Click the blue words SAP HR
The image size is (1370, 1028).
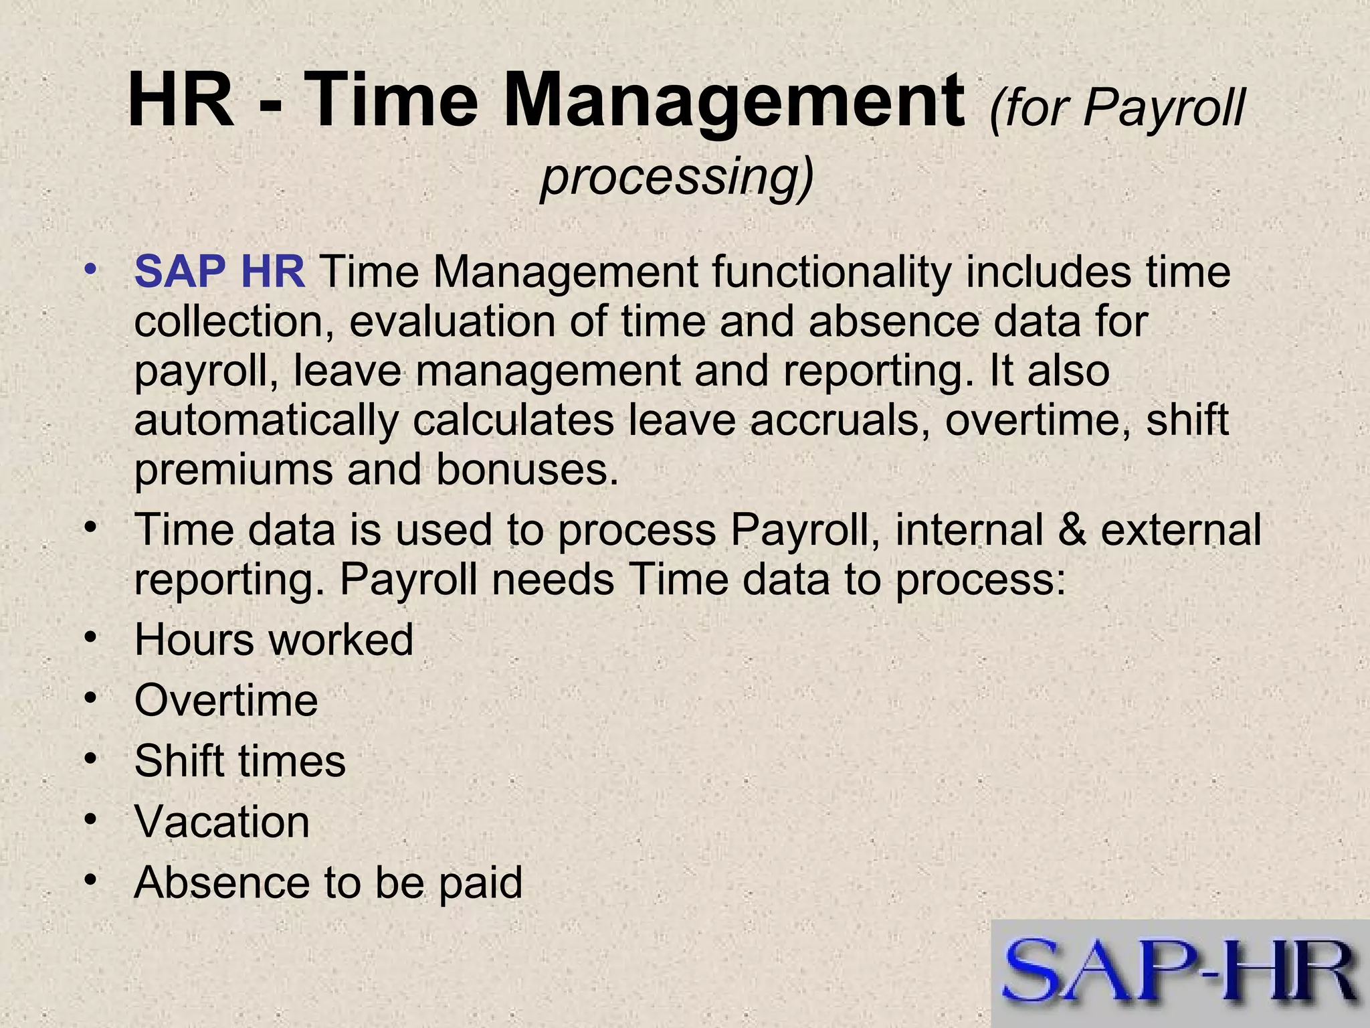[219, 272]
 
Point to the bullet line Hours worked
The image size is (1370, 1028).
[274, 640]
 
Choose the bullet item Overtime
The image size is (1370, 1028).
[226, 701]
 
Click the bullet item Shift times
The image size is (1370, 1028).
[240, 762]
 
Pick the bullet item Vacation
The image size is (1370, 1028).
[222, 822]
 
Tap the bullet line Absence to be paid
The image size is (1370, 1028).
[328, 883]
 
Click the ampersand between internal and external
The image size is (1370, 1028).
[1072, 529]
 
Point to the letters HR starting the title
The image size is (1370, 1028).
[181, 102]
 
